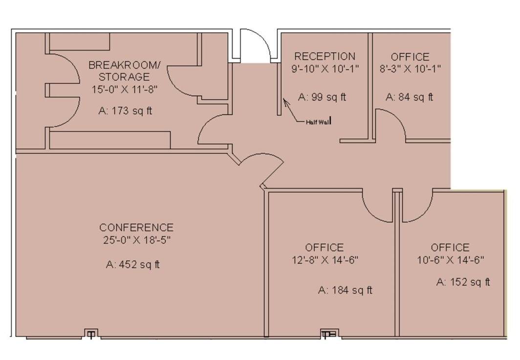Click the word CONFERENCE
point(136,228)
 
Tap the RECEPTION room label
point(325,56)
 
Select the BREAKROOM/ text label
point(124,64)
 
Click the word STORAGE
point(124,77)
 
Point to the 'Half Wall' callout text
point(318,122)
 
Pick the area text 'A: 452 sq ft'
point(133,265)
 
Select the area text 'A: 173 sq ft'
point(125,111)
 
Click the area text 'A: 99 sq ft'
point(322,97)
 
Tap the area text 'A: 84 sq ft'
point(410,97)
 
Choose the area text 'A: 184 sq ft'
point(345,290)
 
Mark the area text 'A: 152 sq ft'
point(463,282)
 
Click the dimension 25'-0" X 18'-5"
point(137,240)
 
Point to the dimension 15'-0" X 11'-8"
point(124,89)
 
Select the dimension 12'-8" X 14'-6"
point(325,260)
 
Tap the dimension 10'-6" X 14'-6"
point(451,260)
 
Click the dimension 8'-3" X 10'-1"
point(410,69)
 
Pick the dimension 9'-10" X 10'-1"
point(325,69)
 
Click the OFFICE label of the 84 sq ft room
point(410,57)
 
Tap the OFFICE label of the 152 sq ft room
point(451,248)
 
